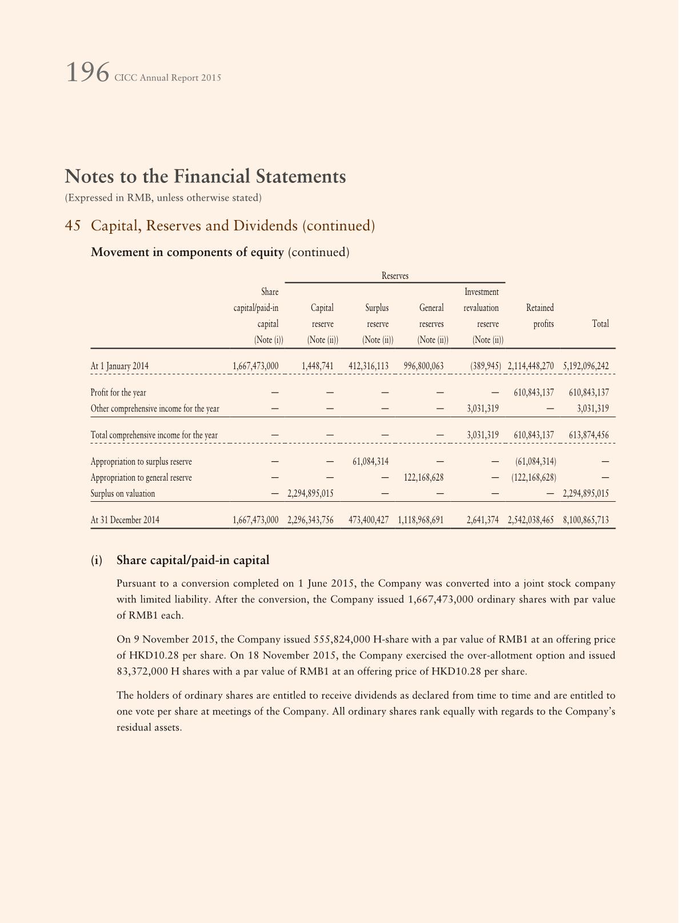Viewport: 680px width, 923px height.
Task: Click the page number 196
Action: [x=87, y=73]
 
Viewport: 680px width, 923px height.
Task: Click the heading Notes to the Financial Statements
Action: [x=205, y=176]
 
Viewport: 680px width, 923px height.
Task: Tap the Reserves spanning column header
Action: [x=395, y=276]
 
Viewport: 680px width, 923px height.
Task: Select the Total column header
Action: [x=600, y=323]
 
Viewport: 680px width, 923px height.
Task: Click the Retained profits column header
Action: [x=540, y=315]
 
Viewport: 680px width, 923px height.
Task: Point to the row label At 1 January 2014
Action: [x=119, y=366]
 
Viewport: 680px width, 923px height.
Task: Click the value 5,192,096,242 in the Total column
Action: [x=586, y=366]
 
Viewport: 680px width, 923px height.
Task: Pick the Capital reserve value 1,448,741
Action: [x=317, y=366]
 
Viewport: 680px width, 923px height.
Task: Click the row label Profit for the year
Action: [x=118, y=393]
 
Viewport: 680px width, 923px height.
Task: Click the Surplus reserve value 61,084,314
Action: [x=369, y=462]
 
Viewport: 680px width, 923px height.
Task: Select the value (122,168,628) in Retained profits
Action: [x=534, y=478]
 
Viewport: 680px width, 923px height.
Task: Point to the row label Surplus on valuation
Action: [x=123, y=494]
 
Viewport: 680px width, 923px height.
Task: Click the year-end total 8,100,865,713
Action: [x=586, y=520]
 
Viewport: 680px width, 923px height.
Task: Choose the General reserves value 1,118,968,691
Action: [x=421, y=520]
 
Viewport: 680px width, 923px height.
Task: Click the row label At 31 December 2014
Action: [x=125, y=520]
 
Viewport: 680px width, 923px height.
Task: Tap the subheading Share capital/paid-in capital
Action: [x=193, y=560]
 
